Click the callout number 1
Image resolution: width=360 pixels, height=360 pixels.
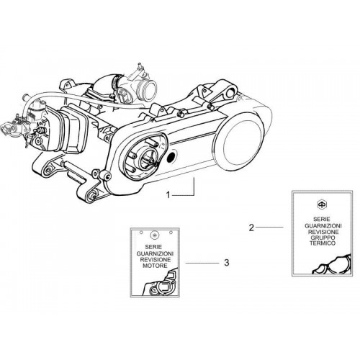168,195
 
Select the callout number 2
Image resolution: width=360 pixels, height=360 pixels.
251,228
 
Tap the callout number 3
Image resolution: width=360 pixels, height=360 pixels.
227,263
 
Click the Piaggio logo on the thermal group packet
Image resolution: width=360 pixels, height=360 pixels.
321,204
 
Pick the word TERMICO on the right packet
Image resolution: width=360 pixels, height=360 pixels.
323,243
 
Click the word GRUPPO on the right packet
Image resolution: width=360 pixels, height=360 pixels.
323,238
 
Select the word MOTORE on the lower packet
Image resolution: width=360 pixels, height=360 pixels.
155,266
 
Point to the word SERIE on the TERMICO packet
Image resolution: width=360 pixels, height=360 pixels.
322,219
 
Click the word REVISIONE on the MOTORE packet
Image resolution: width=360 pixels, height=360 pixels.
156,259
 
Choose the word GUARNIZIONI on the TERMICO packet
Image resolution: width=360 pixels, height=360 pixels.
323,226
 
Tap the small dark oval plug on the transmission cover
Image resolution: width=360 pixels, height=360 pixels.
171,156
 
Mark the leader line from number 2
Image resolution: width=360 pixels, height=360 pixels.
269,227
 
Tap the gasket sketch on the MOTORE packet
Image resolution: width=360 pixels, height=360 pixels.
161,283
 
